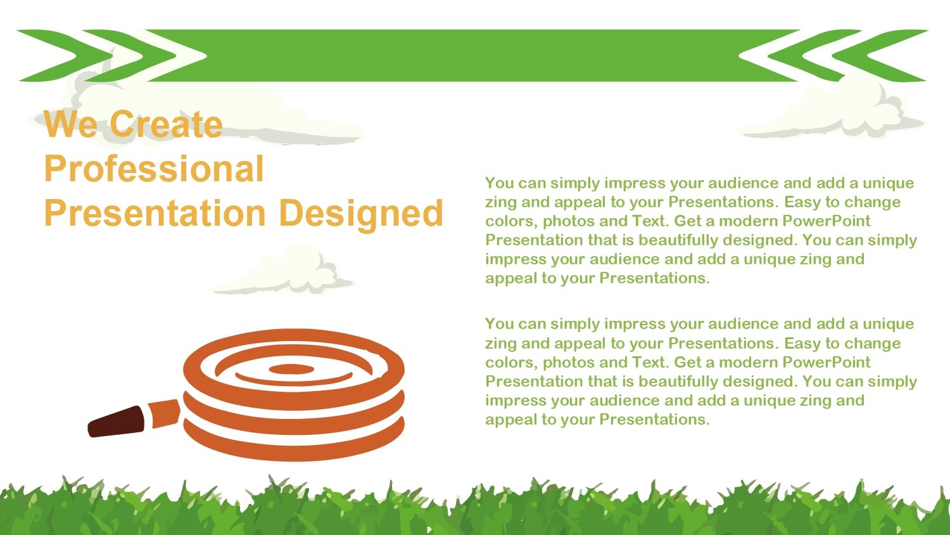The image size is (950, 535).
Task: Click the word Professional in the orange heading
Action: tap(154, 169)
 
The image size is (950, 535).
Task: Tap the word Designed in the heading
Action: tap(362, 214)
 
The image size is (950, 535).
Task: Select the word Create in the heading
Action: tap(166, 124)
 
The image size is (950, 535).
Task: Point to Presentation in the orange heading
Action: tap(155, 213)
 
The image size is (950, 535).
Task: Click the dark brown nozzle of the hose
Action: tap(116, 422)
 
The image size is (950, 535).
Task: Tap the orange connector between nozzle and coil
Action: tap(164, 413)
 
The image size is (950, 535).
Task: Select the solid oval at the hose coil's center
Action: tap(291, 369)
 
